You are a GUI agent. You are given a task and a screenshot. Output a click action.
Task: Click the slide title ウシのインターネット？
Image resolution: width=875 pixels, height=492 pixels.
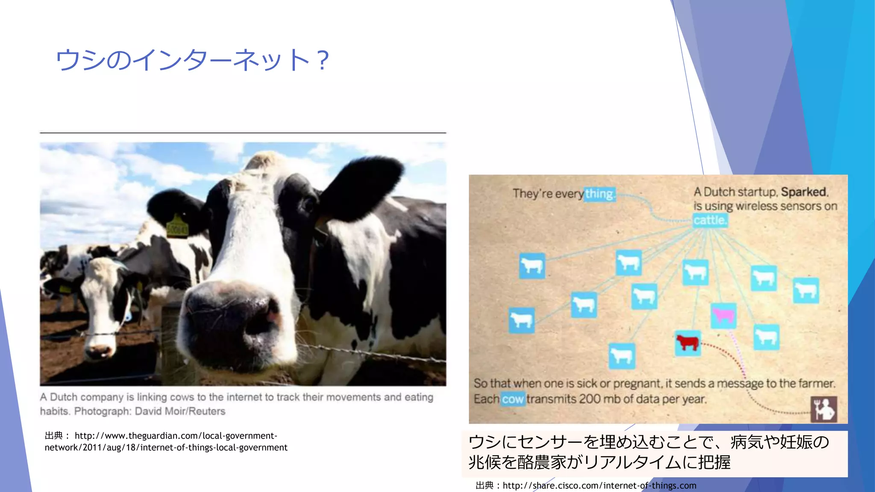click(x=192, y=60)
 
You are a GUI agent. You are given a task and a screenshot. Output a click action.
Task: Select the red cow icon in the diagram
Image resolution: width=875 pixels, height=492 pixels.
click(x=687, y=343)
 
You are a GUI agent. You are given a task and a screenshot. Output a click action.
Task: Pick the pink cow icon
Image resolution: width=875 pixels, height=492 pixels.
click(x=723, y=316)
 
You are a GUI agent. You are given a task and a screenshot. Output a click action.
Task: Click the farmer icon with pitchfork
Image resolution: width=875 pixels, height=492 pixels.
click(x=824, y=409)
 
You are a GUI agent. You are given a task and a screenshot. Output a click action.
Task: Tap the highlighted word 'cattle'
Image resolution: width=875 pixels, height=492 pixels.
click(x=710, y=220)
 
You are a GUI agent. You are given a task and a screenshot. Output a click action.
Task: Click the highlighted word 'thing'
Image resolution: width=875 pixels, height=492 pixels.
click(x=600, y=194)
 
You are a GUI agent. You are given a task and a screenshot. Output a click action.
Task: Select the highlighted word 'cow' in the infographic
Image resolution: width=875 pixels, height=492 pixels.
click(x=513, y=399)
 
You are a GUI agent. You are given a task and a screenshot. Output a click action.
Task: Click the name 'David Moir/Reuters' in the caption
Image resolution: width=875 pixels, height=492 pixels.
click(x=180, y=411)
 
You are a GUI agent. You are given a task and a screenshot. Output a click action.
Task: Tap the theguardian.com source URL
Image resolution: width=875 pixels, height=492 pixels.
click(x=166, y=442)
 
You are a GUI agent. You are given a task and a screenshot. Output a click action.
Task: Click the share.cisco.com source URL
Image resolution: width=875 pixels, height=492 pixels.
click(x=599, y=486)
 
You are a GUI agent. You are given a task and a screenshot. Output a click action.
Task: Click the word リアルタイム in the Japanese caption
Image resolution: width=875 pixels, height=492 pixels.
click(x=633, y=463)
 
